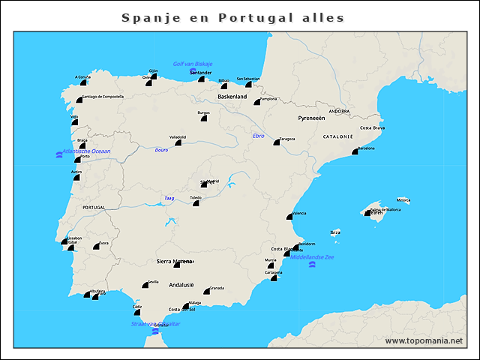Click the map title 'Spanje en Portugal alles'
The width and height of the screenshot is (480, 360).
pyautogui.click(x=232, y=17)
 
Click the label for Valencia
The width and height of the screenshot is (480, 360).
pyautogui.click(x=298, y=214)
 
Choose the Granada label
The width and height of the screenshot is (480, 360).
pyautogui.click(x=217, y=287)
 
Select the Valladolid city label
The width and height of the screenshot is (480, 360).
pyautogui.click(x=178, y=137)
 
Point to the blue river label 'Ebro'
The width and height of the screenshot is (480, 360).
pyautogui.click(x=259, y=136)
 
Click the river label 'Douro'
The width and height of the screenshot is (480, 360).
pyautogui.click(x=161, y=150)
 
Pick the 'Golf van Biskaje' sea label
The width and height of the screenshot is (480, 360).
pyautogui.click(x=193, y=64)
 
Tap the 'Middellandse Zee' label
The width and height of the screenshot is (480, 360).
pyautogui.click(x=313, y=257)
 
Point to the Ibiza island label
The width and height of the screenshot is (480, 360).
pyautogui.click(x=335, y=232)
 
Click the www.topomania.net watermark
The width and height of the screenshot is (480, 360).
pyautogui.click(x=424, y=341)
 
